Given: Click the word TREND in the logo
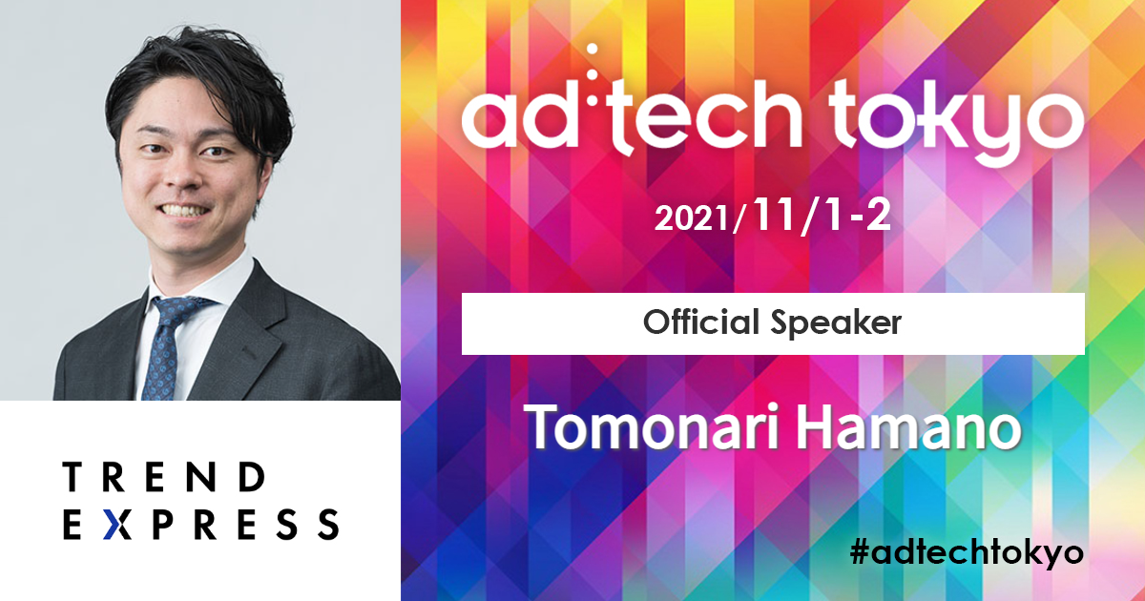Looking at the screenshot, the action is coord(163,477).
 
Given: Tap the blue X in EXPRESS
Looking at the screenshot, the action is coord(117,524).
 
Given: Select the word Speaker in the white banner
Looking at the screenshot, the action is coord(836,324).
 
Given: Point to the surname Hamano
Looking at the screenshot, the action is coord(909,426).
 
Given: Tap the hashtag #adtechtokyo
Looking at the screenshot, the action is coord(967,553).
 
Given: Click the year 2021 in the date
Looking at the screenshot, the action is coord(692,218).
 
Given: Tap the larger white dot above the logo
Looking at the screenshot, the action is coord(593,49).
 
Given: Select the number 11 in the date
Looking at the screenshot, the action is coord(774,216).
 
